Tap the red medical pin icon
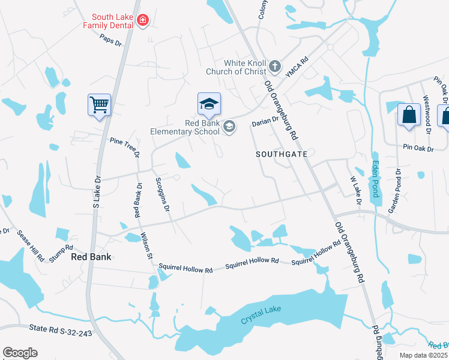143,22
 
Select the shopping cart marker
99,104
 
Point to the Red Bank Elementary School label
185,127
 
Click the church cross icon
275,66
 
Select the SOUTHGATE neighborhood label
282,154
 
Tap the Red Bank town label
91,256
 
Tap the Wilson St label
146,246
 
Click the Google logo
20,353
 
